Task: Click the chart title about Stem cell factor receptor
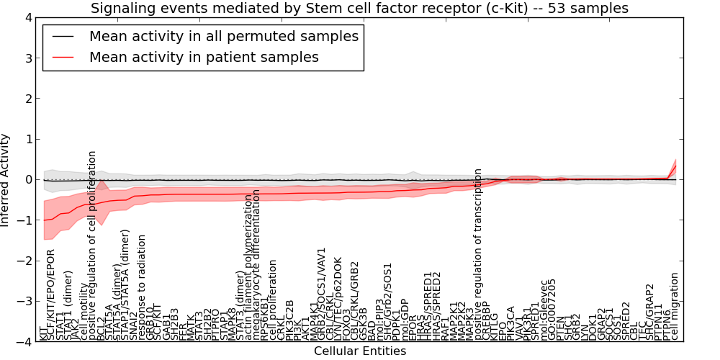pos(359,9)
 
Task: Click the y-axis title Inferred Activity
pos(6,179)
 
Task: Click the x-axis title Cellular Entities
pos(359,351)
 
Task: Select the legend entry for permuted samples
pos(223,36)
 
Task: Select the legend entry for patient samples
pos(204,57)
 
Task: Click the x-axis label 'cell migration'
pos(675,305)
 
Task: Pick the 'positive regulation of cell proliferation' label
pos(92,245)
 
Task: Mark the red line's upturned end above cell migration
pos(675,167)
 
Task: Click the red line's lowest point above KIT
pos(44,220)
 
